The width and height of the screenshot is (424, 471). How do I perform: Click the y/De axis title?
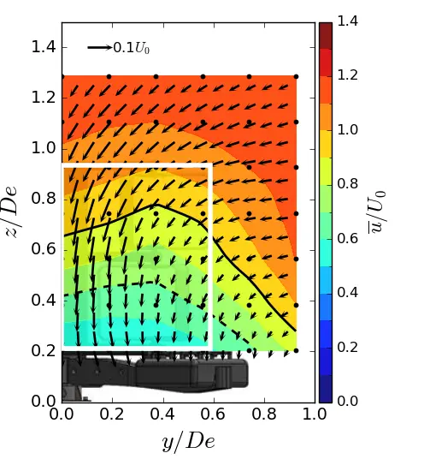tap(187, 442)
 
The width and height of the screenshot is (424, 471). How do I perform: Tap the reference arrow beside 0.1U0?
tap(99, 47)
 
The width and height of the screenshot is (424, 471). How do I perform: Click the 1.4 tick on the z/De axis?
tap(43, 47)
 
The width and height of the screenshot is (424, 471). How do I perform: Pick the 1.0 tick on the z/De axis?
tap(43, 148)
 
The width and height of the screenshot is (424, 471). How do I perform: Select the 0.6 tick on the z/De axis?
tap(43, 249)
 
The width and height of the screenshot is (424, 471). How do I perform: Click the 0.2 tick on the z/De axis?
tap(43, 350)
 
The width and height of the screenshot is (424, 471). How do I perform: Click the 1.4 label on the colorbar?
tap(348, 22)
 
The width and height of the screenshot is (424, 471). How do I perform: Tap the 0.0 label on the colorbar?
tap(348, 401)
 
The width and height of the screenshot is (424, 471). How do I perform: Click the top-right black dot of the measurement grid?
tap(296, 76)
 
